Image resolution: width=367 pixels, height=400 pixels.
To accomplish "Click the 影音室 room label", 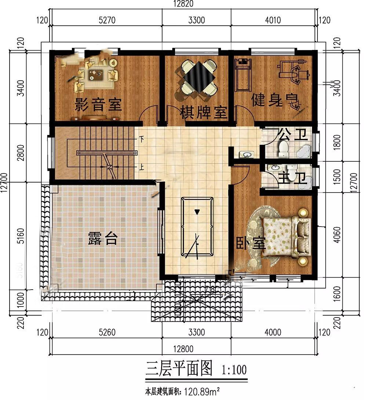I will coord(98,105).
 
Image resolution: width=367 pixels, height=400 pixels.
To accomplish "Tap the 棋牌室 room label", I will coord(203,113).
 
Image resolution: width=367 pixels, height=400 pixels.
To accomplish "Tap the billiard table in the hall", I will coord(197,227).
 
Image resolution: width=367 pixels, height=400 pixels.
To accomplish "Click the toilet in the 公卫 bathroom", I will coord(283,149).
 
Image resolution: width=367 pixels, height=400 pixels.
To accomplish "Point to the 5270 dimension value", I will coord(107,20).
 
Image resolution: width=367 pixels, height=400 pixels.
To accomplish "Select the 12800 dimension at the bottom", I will coord(183,349).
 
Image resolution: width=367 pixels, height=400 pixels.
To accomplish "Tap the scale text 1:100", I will coord(234,370).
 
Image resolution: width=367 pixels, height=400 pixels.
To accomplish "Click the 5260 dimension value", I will coord(107,333).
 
